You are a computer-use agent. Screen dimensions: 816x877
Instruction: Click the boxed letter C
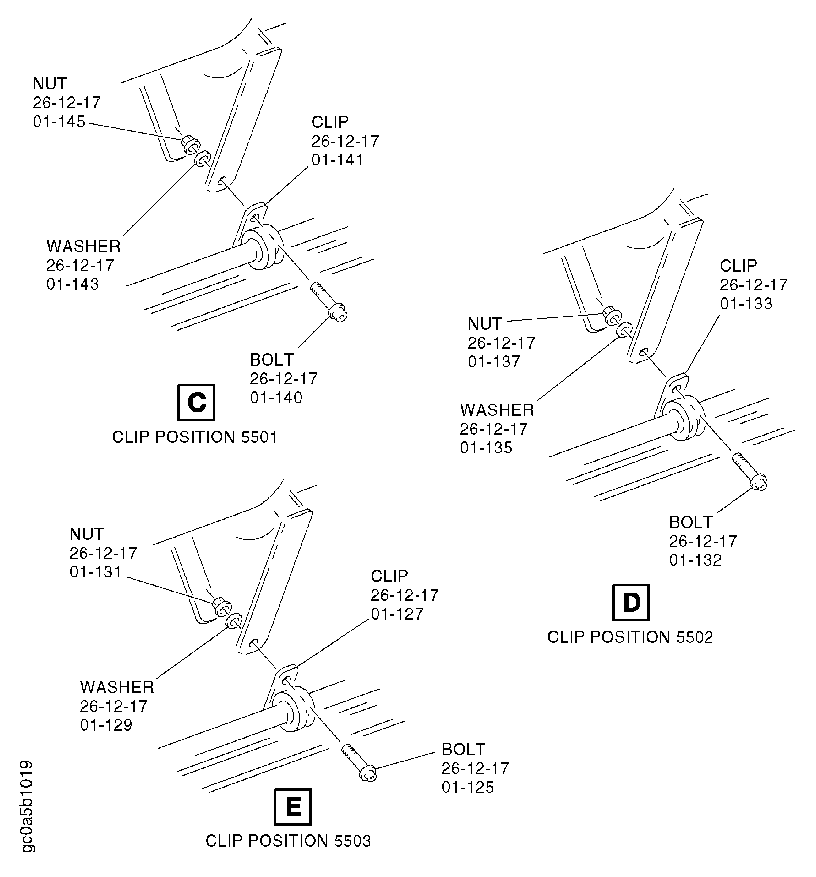pos(196,402)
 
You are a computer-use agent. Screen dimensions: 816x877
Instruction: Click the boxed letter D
pos(631,602)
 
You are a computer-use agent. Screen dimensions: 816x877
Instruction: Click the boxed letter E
pos(293,807)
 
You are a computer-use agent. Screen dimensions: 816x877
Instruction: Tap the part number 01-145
pos(59,122)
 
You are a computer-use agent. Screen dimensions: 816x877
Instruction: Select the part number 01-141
pos(338,160)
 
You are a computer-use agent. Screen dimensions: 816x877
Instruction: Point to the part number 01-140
pos(276,398)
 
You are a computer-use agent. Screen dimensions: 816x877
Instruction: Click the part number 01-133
pos(746,304)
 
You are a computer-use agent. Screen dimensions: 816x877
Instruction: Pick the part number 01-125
pos(468,787)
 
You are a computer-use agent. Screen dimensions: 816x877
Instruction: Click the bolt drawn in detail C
pos(329,301)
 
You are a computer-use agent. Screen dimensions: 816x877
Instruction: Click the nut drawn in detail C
pos(190,145)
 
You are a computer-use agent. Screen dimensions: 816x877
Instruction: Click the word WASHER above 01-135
pos(497,410)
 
